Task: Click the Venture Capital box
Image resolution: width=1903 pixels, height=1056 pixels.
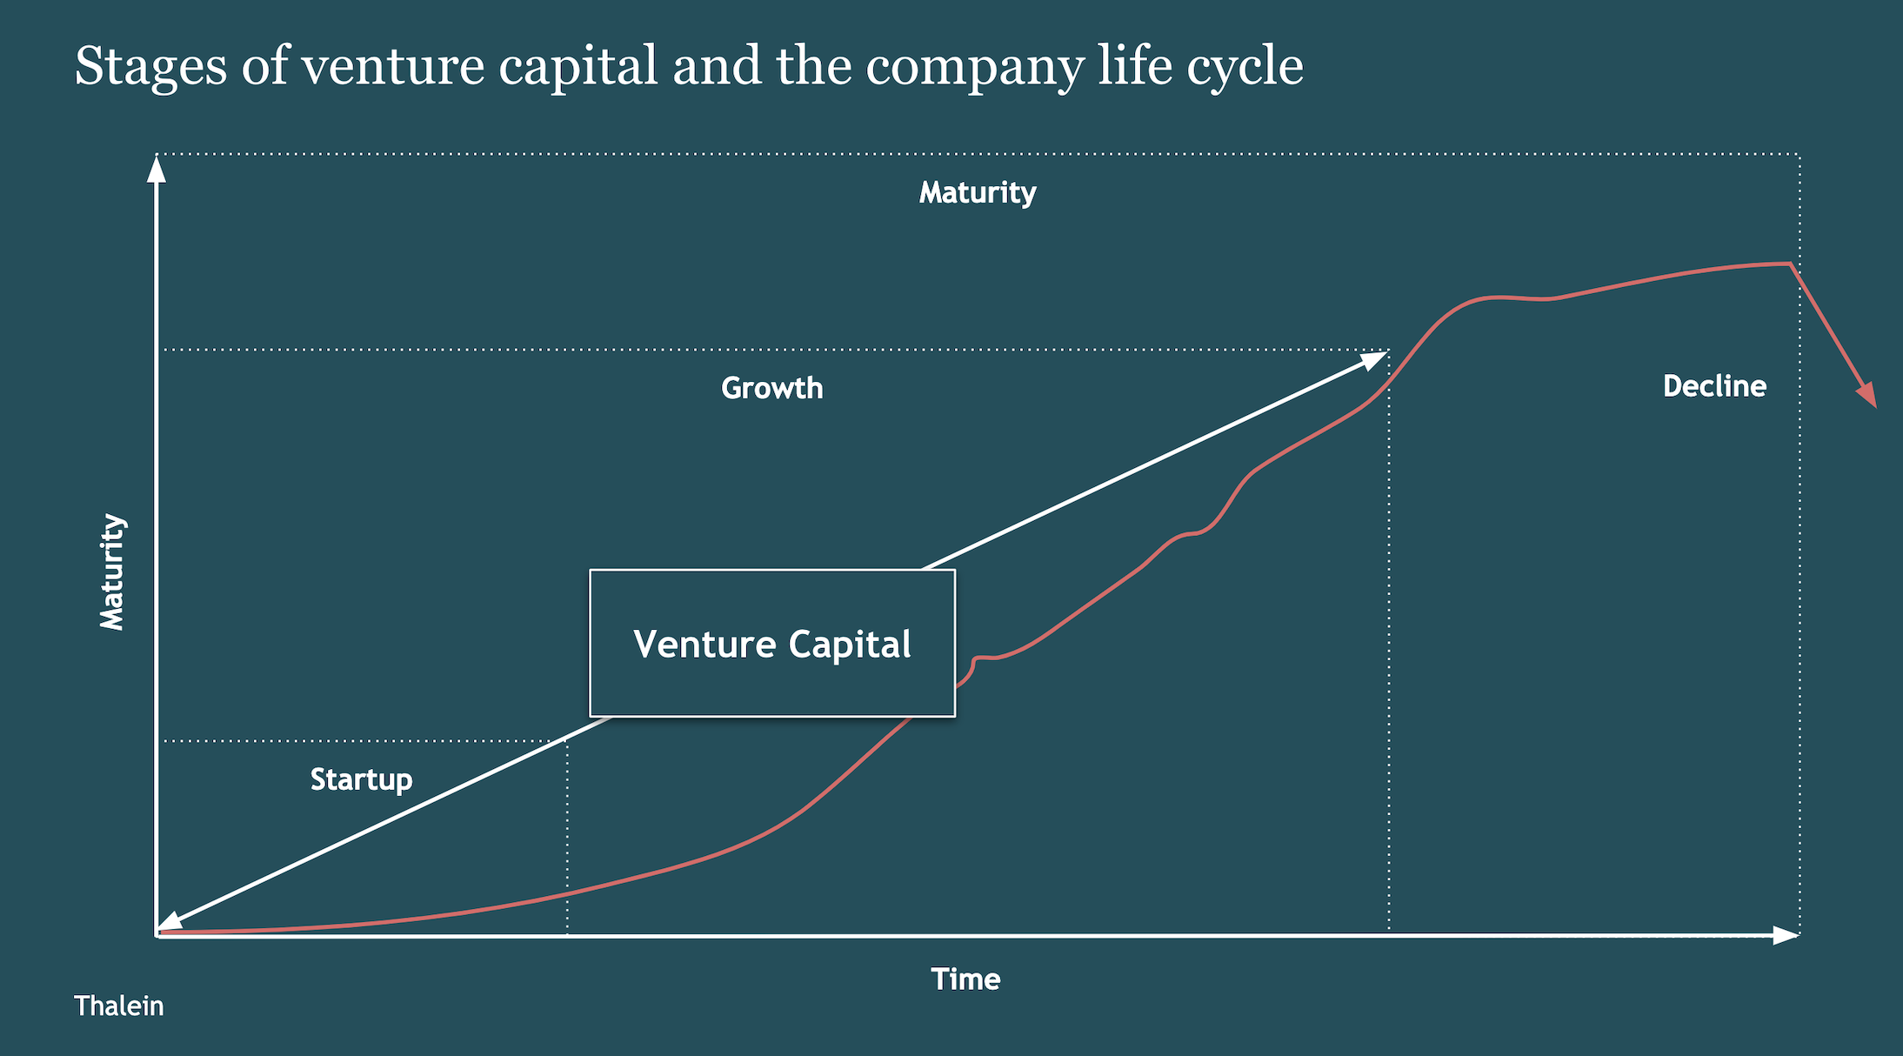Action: click(772, 643)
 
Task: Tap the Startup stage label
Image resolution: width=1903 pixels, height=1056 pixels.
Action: click(361, 779)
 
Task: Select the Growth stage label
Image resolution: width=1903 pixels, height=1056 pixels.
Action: click(771, 388)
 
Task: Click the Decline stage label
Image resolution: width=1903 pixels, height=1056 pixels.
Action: click(1713, 386)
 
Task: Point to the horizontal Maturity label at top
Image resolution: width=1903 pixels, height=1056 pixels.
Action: click(977, 192)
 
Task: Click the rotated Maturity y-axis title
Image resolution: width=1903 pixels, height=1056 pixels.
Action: click(112, 571)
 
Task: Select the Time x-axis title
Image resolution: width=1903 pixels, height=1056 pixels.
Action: click(965, 979)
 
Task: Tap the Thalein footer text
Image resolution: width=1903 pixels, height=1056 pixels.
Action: click(118, 1006)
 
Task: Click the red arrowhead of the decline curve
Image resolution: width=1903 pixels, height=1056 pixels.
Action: click(1866, 395)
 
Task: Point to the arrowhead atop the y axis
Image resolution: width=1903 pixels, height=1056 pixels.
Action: click(157, 170)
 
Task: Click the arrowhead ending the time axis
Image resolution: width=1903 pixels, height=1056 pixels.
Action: click(1785, 935)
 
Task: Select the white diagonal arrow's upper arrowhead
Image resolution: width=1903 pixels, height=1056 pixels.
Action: click(1373, 359)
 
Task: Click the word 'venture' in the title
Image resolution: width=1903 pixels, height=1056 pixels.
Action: click(392, 66)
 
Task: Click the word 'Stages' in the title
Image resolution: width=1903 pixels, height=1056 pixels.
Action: click(150, 66)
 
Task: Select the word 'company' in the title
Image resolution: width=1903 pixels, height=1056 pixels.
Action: click(974, 68)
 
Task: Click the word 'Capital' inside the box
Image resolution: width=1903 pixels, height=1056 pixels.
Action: click(850, 645)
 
